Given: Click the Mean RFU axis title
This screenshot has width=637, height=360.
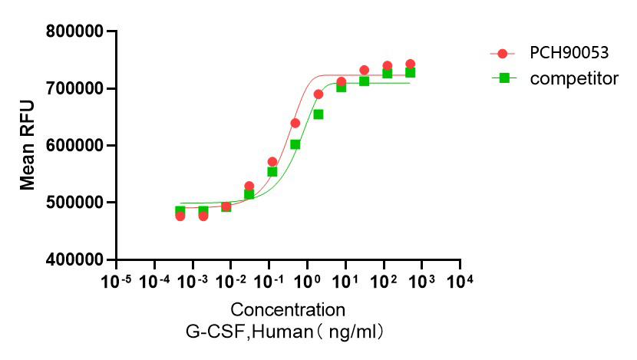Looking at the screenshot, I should point(28,146).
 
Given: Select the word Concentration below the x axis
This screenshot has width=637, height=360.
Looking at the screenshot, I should point(288,310).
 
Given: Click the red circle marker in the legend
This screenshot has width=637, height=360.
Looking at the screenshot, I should point(503,54).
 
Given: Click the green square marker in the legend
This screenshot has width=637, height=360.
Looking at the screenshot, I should point(503,78).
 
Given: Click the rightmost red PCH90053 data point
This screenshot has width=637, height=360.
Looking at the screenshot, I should point(411,64).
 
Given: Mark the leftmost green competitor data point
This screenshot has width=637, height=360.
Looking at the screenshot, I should point(180,211).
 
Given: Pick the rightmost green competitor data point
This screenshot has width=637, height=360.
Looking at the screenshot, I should point(411,73).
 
